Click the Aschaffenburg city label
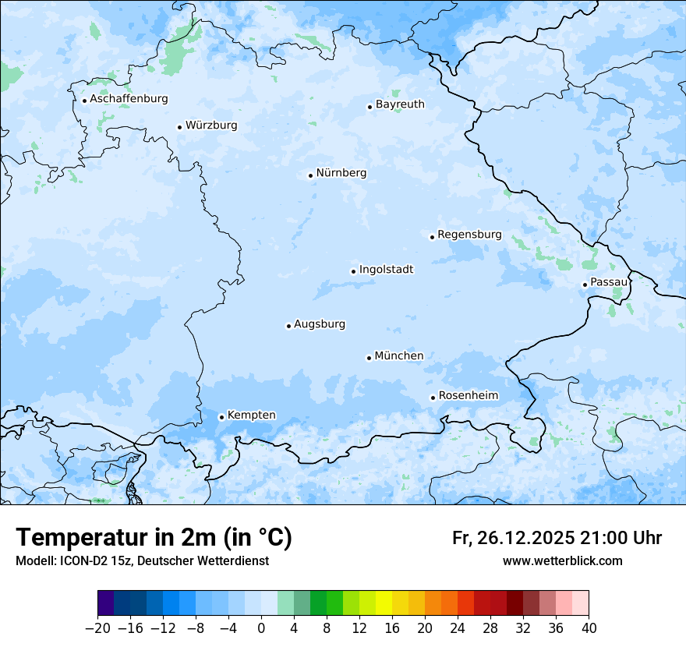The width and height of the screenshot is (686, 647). pos(129,99)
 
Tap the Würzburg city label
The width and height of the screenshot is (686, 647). pos(211,126)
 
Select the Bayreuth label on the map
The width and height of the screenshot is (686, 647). pos(400,104)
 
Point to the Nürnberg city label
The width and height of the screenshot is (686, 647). pos(341,173)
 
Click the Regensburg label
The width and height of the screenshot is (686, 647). pos(469,235)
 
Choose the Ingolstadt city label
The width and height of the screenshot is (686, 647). pos(386,270)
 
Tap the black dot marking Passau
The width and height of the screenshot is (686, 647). pos(585,285)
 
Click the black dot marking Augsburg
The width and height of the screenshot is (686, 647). pos(288,326)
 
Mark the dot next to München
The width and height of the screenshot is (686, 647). pos(369,358)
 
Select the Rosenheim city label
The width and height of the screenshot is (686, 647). pos(468,396)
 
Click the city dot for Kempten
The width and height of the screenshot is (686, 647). pos(221,417)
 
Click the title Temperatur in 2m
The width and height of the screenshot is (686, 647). pos(154,538)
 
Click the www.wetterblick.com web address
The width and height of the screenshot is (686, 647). pos(562,561)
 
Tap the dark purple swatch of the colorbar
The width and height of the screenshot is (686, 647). pos(106,603)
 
